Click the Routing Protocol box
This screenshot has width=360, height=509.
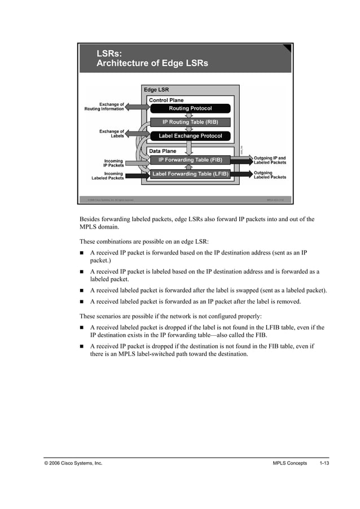190,108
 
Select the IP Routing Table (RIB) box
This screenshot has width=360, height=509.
190,122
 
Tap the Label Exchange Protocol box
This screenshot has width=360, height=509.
190,136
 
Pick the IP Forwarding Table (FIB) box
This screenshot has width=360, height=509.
190,160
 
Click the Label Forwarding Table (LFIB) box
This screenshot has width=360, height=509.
190,174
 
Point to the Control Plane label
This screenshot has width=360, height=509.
166,100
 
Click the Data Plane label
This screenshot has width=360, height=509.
163,151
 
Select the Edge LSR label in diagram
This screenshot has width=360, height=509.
156,90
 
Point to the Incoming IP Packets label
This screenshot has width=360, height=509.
113,163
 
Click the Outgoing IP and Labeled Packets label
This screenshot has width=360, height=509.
270,160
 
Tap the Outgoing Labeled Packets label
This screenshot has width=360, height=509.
270,175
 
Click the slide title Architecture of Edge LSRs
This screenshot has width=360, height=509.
152,63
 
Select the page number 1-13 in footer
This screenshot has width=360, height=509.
324,463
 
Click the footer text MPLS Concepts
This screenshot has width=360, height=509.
289,463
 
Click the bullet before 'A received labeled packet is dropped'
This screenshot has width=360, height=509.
82,328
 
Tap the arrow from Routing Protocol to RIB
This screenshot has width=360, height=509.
190,115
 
